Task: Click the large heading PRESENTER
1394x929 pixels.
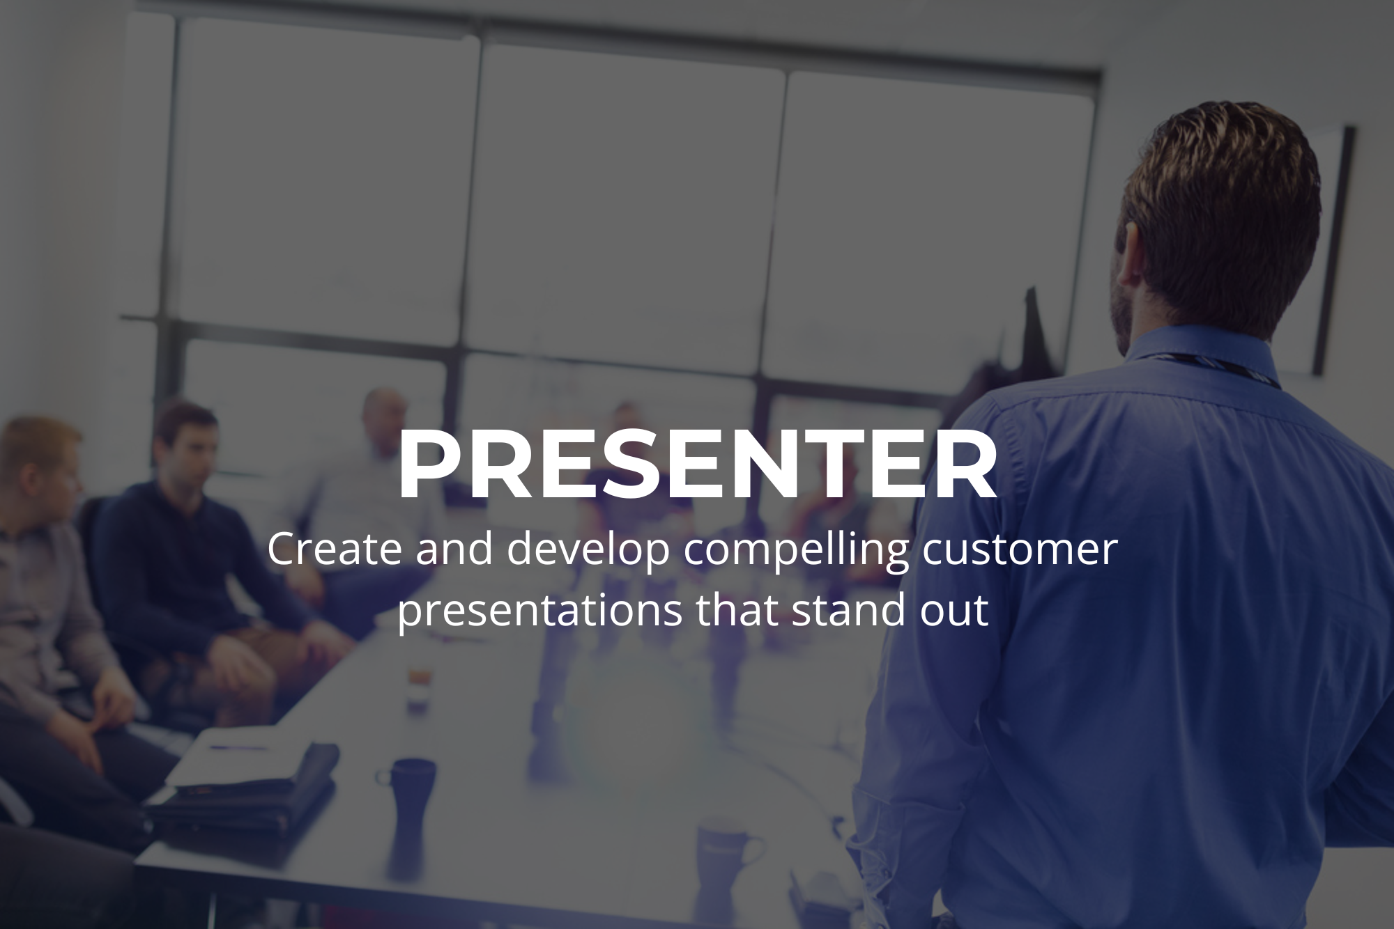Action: [697, 465]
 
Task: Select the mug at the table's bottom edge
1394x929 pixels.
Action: [728, 864]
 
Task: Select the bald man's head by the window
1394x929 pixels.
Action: [385, 418]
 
